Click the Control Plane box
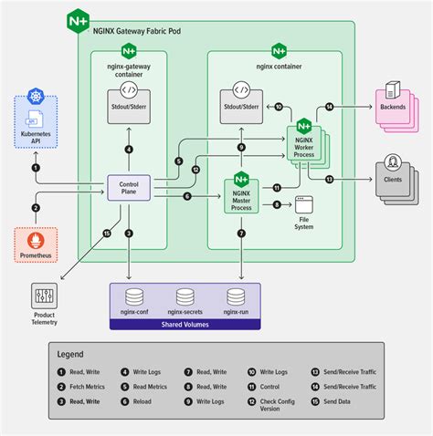pos(129,189)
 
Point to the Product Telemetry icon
pos(45,296)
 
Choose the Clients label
pos(393,181)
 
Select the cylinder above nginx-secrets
pos(185,296)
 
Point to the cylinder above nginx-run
pos(236,296)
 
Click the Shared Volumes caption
pos(185,323)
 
